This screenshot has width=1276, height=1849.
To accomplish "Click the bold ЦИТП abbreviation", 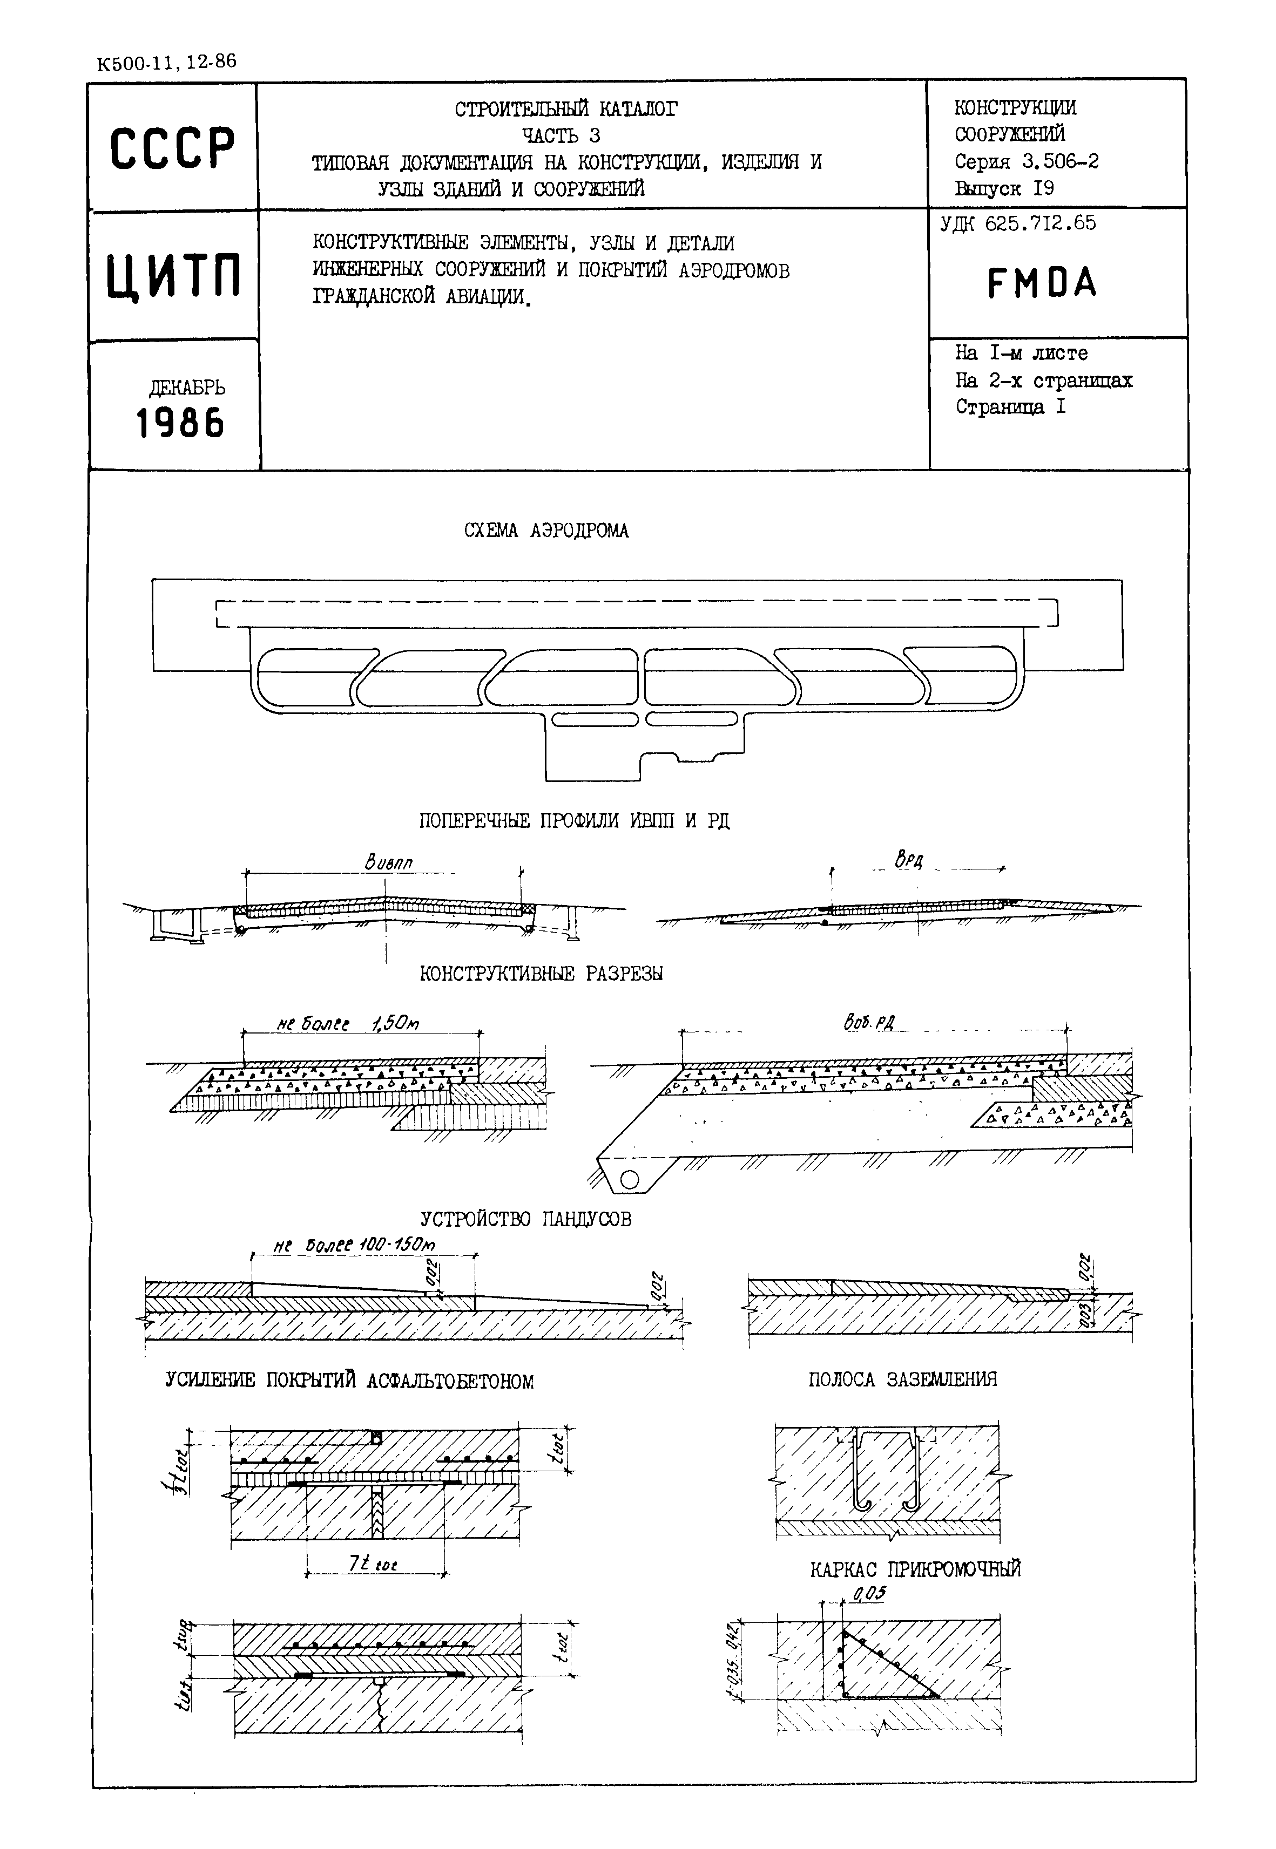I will (173, 276).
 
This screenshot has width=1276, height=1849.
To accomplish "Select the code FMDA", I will (1042, 283).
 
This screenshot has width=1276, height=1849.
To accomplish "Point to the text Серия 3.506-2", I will (1026, 161).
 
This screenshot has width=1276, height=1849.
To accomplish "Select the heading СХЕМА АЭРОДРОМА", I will (546, 531).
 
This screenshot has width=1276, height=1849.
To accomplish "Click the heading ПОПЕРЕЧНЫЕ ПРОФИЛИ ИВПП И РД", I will (574, 821).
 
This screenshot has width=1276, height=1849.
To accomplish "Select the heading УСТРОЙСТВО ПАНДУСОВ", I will (525, 1219).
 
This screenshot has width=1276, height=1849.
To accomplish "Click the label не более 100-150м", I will (354, 1246).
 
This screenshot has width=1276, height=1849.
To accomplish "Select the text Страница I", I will (1010, 407).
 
